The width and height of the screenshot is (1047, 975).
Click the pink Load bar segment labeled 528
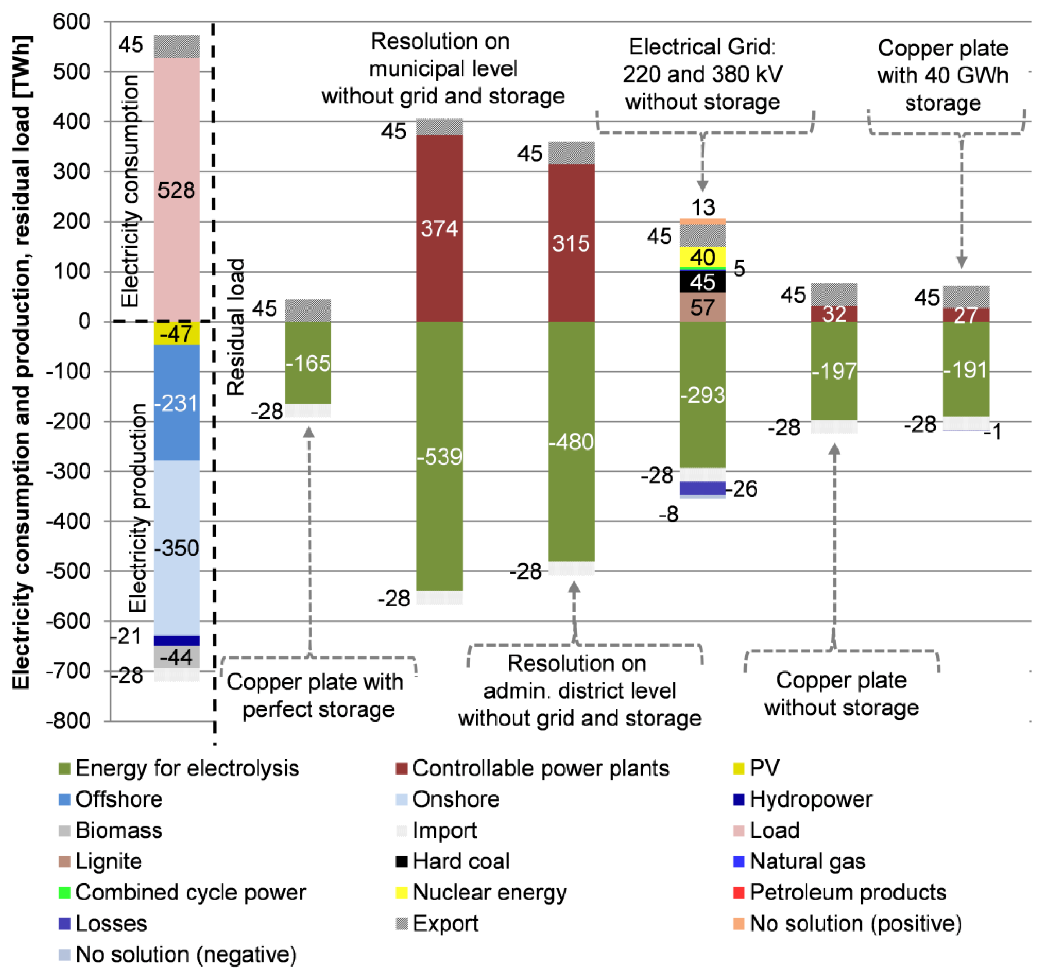(176, 190)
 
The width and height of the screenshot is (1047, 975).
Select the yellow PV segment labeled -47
(176, 334)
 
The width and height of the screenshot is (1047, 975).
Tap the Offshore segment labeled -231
(176, 403)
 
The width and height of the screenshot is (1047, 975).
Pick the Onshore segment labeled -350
(176, 548)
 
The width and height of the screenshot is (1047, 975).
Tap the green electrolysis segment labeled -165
(308, 363)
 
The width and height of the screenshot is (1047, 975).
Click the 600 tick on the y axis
(72, 22)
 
